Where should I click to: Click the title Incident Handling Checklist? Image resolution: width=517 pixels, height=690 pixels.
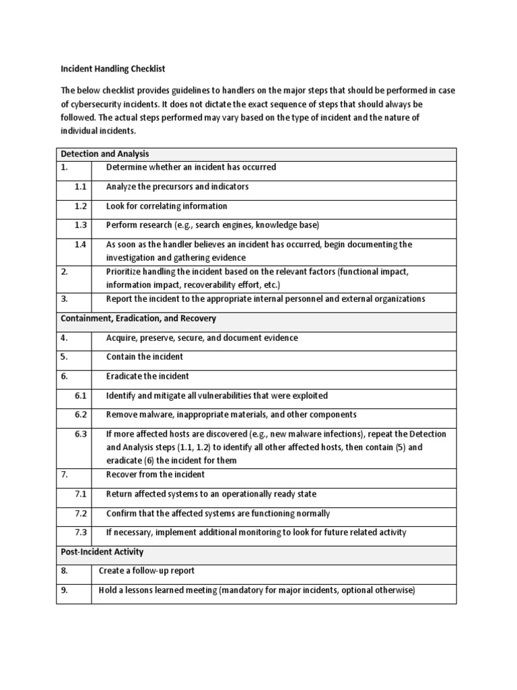pos(113,69)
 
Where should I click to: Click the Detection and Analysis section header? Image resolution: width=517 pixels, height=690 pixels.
pos(105,154)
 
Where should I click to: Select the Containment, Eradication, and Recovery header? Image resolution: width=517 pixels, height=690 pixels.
pos(138,318)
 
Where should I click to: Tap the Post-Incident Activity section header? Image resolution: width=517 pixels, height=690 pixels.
pos(102,552)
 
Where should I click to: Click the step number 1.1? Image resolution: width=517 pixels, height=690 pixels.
pos(81,187)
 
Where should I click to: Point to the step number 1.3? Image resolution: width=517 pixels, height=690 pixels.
pos(81,225)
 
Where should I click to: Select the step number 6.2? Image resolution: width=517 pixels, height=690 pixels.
pos(81,414)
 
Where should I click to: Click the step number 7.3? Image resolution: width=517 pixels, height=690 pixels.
pos(81,532)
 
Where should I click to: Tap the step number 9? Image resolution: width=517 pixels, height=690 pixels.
pos(65,590)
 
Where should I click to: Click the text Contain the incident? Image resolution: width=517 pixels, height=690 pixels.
pos(144,356)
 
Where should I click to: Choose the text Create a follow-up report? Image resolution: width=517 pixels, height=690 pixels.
pos(146,571)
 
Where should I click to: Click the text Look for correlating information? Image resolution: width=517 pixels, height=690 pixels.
pos(166,206)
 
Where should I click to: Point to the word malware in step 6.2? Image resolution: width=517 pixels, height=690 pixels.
pos(156,414)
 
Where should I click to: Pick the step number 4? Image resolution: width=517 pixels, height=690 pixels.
pos(65,338)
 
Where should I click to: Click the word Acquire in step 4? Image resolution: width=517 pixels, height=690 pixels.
pos(122,338)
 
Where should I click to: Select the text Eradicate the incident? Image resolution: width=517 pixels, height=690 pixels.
pos(147,376)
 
